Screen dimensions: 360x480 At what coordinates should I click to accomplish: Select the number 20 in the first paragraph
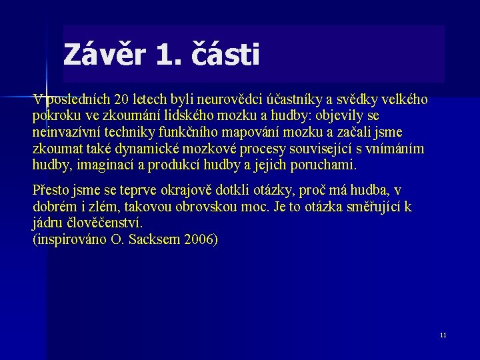[122, 100]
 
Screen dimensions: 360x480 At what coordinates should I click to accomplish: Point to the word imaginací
[100, 164]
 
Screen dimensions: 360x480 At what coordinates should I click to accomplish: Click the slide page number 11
[443, 335]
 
